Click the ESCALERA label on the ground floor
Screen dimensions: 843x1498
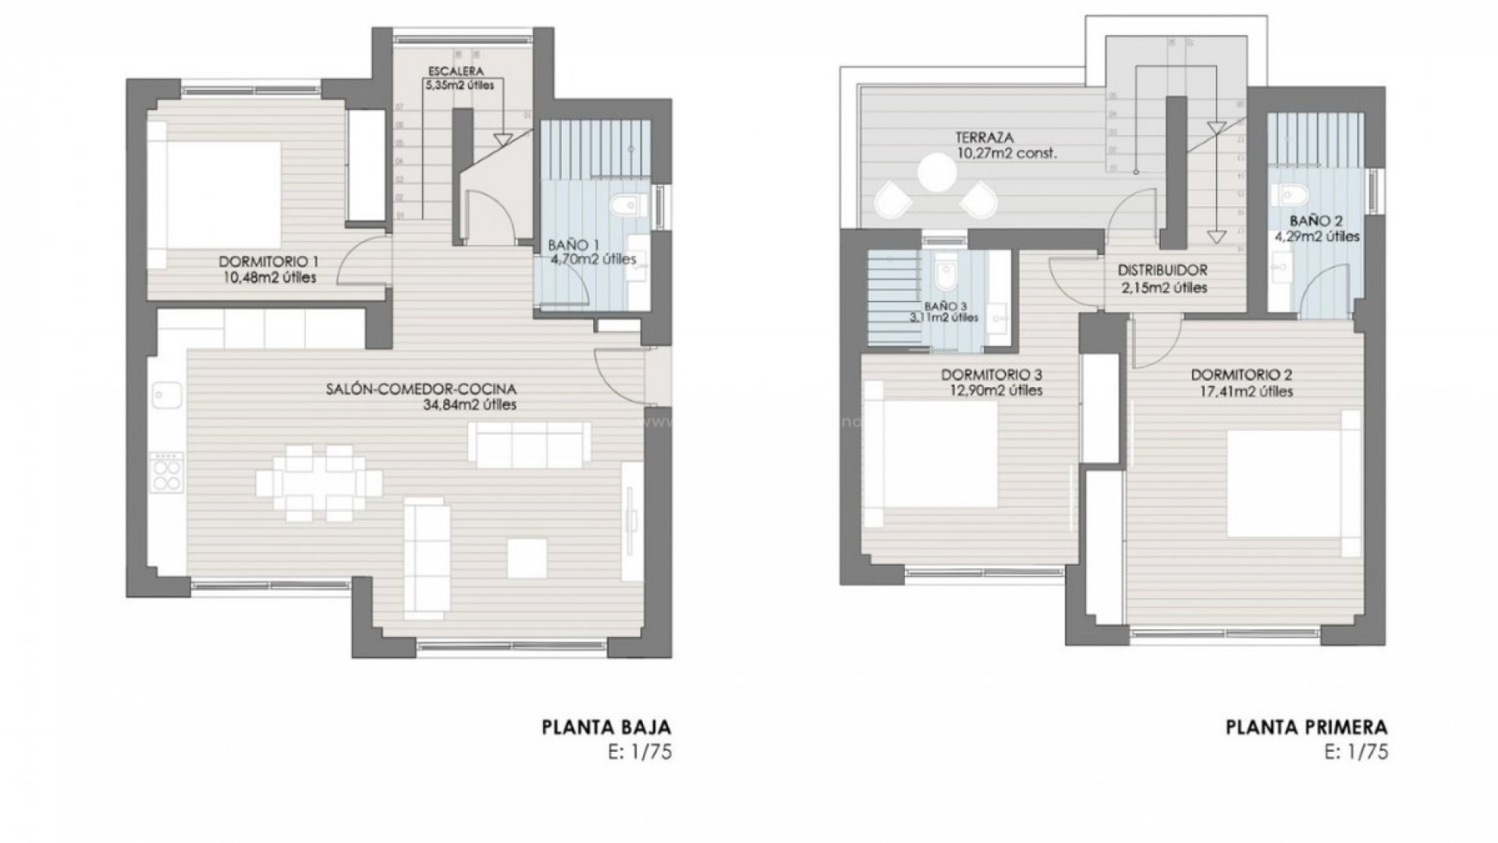click(x=455, y=71)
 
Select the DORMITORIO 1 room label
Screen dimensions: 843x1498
click(x=268, y=261)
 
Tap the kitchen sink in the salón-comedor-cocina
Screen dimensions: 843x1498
click(x=167, y=395)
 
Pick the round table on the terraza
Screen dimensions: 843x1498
click(x=937, y=173)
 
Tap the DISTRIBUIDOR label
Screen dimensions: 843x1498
click(x=1162, y=271)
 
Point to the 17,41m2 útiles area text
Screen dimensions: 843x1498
click(x=1241, y=391)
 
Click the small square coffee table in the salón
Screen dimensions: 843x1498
click(x=527, y=558)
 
